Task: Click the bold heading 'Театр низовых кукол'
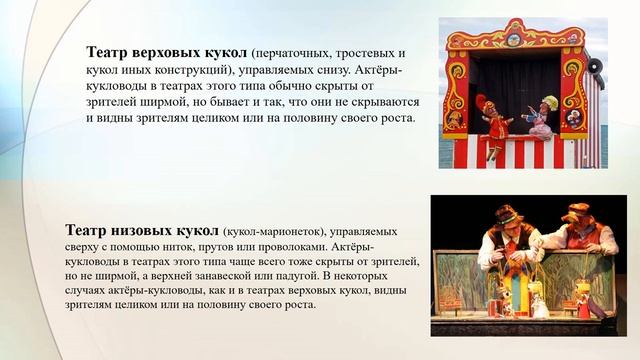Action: pyautogui.click(x=143, y=226)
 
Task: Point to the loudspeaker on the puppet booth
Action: pyautogui.click(x=594, y=66)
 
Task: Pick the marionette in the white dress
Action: pyautogui.click(x=539, y=304)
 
